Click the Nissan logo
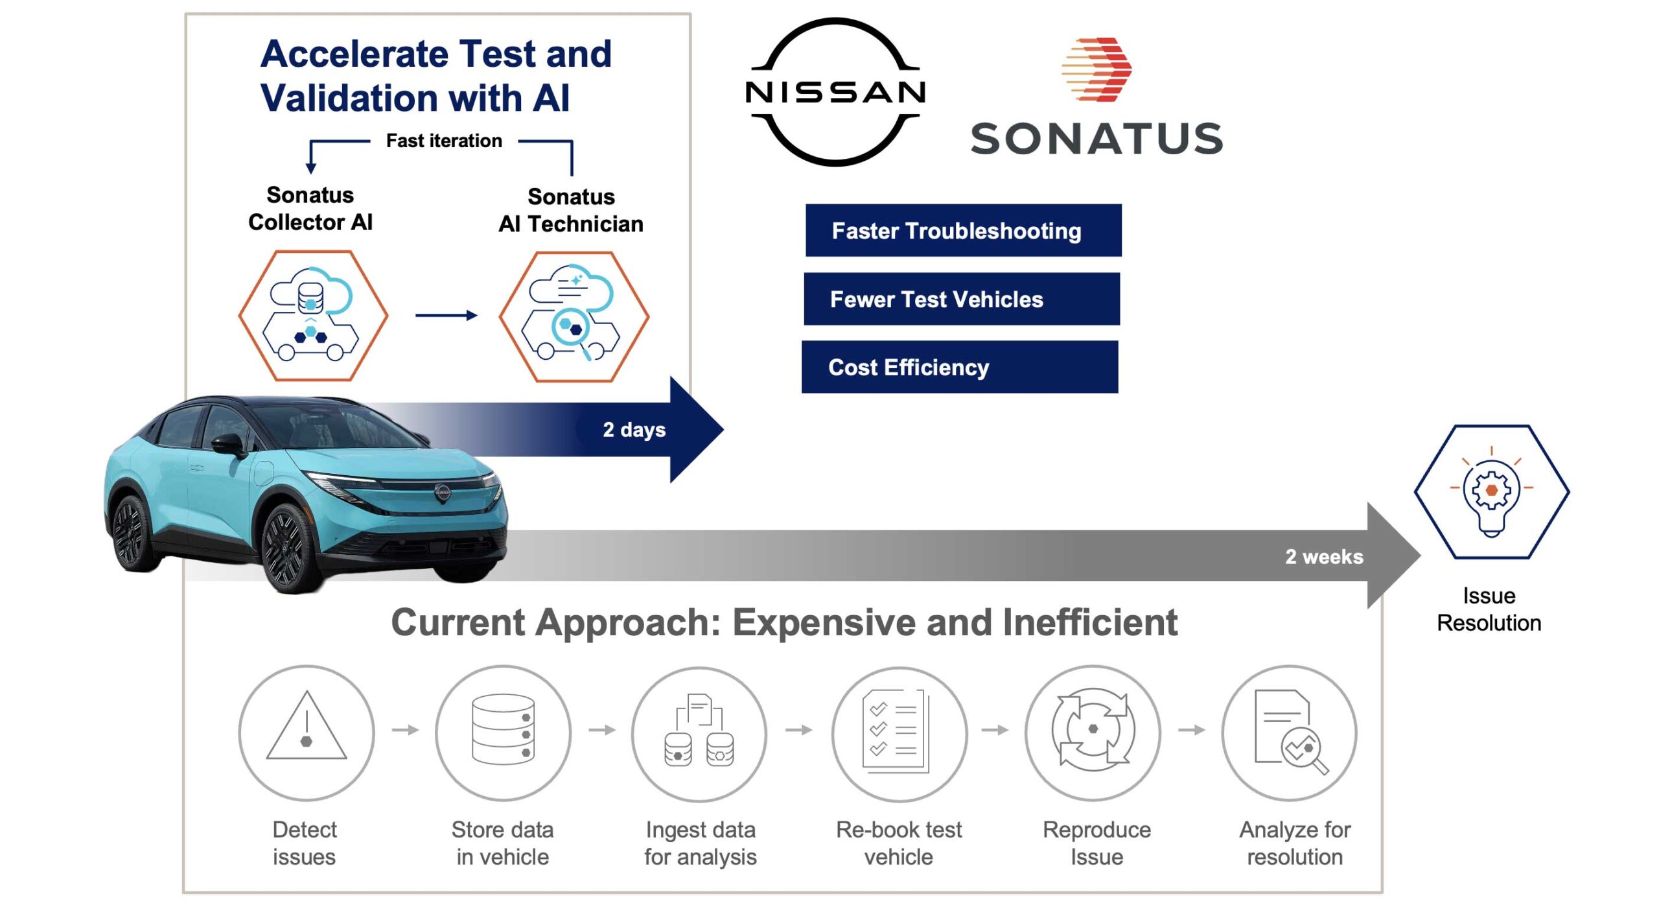point(835,92)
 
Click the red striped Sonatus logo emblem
point(1096,69)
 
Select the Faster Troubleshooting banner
point(963,231)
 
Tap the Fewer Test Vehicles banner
point(961,299)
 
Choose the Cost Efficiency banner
point(959,367)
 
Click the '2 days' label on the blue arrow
point(634,429)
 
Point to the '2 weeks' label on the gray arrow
point(1323,556)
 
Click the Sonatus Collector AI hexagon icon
point(313,316)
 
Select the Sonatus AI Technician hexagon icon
point(574,316)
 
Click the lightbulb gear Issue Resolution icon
point(1491,492)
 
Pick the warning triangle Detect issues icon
point(307,733)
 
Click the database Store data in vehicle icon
point(503,733)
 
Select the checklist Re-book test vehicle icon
point(899,733)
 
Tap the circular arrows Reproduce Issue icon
point(1093,733)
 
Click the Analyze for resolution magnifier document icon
point(1290,733)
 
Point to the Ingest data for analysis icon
point(699,733)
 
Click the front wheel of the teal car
point(290,546)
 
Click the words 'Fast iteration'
point(444,141)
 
